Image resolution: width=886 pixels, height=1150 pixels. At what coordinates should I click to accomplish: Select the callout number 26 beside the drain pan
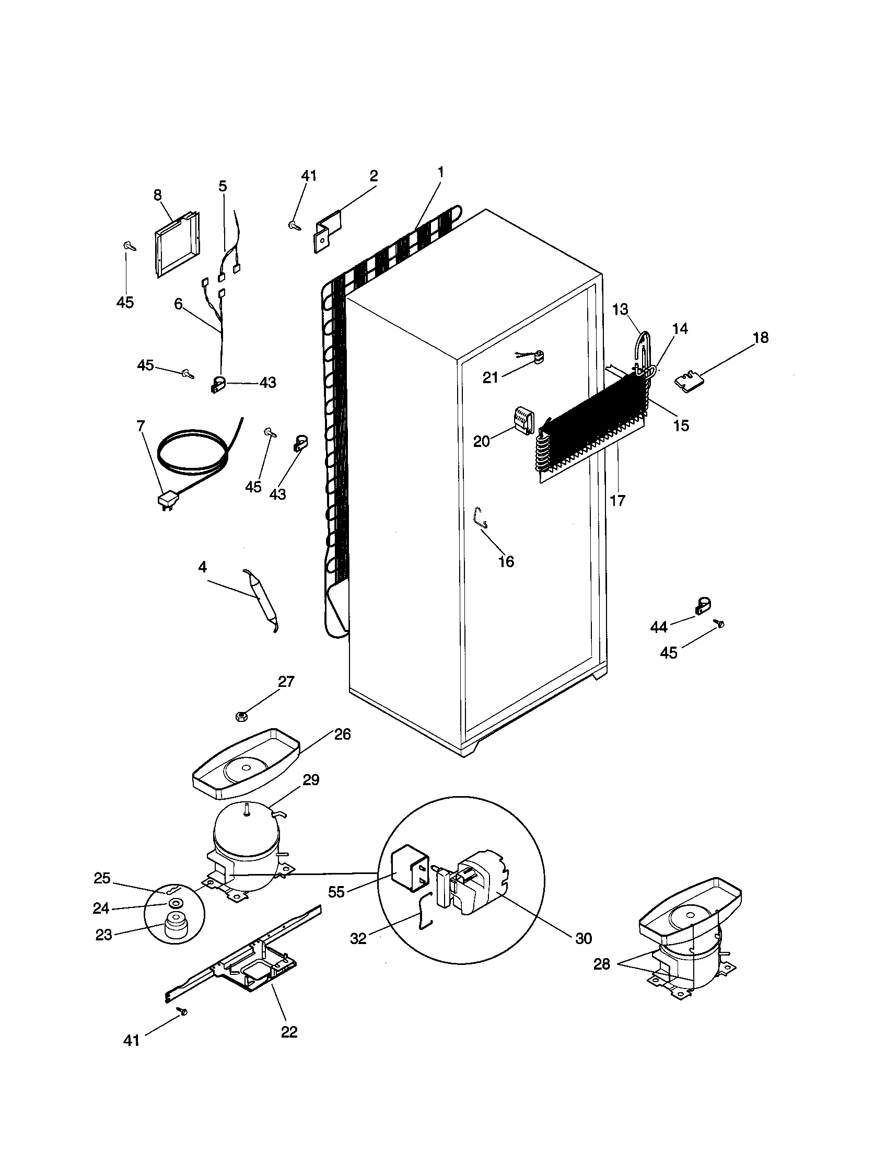(343, 734)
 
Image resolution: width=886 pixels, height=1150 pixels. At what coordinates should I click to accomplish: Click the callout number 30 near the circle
(584, 938)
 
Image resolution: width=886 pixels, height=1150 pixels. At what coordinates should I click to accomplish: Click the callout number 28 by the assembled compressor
(601, 964)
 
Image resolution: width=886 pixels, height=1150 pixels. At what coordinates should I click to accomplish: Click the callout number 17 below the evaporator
(617, 500)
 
